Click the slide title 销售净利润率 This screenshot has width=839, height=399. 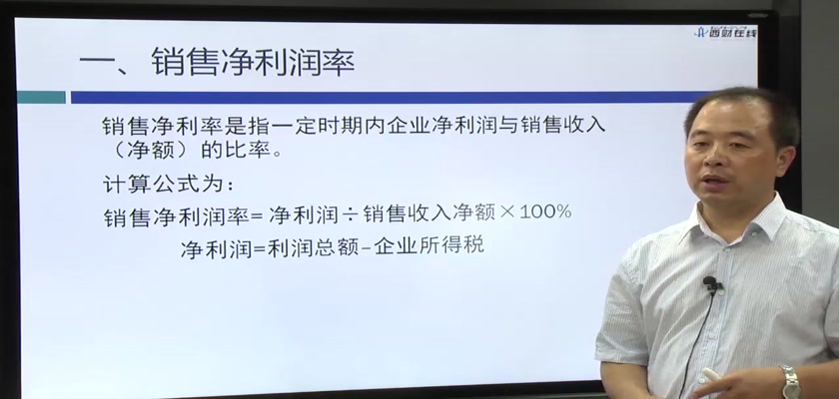pyautogui.click(x=253, y=62)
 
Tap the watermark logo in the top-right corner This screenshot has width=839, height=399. pyautogui.click(x=725, y=32)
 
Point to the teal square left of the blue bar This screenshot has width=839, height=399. pyautogui.click(x=41, y=97)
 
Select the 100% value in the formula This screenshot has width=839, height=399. pyautogui.click(x=545, y=212)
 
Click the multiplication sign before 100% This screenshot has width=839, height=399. pyautogui.click(x=506, y=213)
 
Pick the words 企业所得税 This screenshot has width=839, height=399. pyautogui.click(x=429, y=246)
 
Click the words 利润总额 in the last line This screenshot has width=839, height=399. pyautogui.click(x=313, y=247)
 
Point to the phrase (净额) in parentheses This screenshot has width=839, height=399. pyautogui.click(x=145, y=150)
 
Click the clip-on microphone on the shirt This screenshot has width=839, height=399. pyautogui.click(x=710, y=283)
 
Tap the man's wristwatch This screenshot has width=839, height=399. pyautogui.click(x=789, y=381)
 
